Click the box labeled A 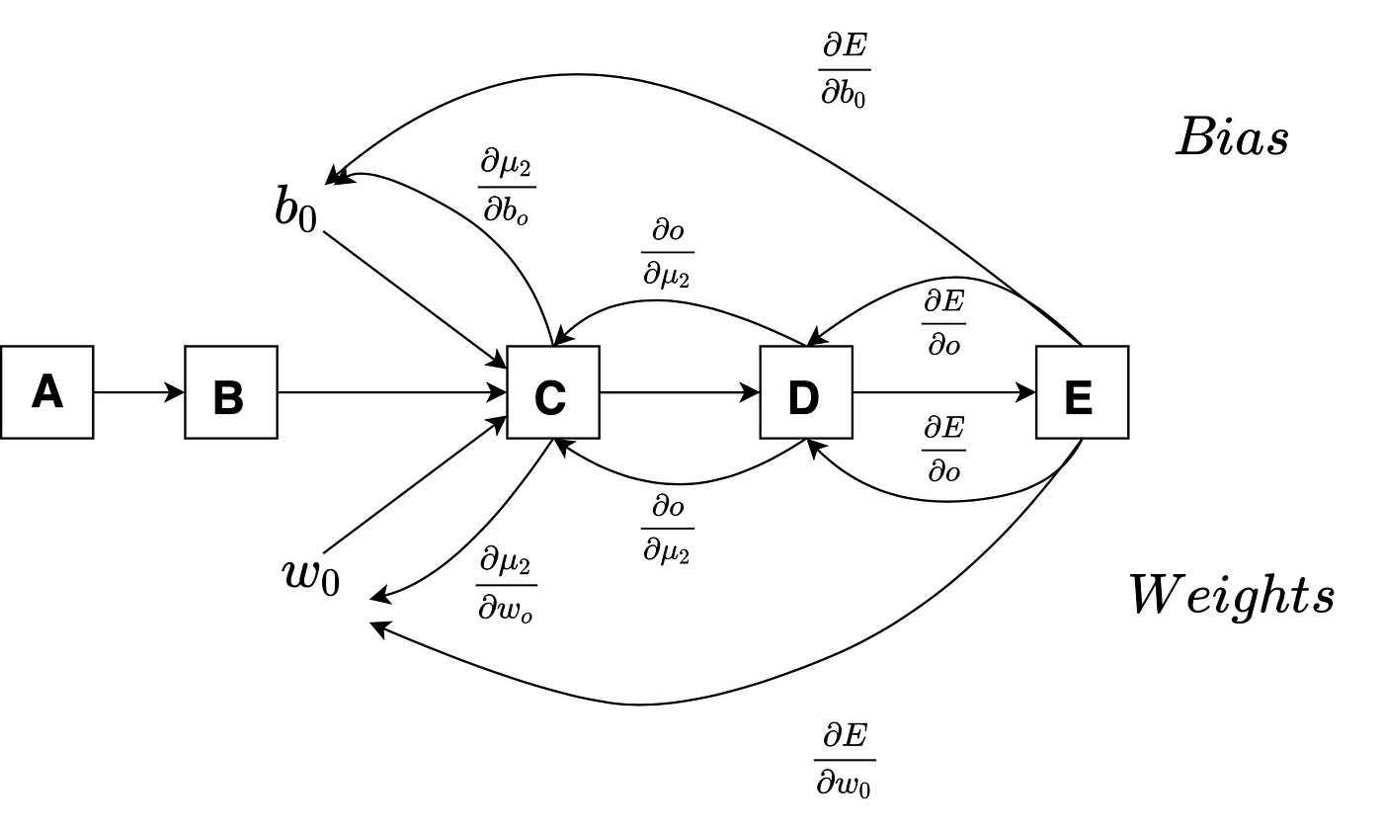(x=46, y=392)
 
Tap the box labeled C (x=552, y=392)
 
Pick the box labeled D (x=805, y=392)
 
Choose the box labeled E (x=1082, y=392)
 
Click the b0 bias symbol (x=296, y=209)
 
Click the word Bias (x=1232, y=137)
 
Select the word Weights (x=1232, y=596)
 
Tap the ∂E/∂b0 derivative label (x=844, y=69)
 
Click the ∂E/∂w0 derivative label (x=845, y=759)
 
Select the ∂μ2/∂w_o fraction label (x=506, y=585)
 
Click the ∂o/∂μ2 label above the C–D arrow (x=668, y=254)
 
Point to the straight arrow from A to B (x=138, y=392)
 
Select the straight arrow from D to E (x=943, y=392)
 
